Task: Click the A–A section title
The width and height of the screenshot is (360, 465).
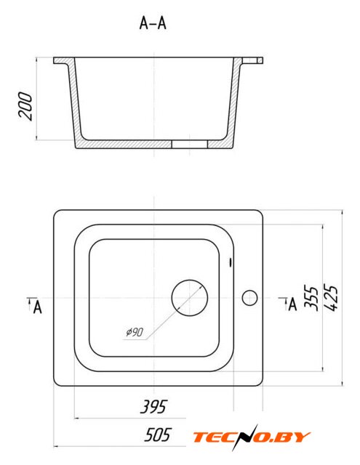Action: pos(153,23)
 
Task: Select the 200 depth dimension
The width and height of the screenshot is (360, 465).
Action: pos(25,106)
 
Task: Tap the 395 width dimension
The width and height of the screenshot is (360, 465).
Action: pos(153,407)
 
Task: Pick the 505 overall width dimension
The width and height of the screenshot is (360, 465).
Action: pos(157,434)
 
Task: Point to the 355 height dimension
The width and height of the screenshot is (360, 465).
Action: pos(311,298)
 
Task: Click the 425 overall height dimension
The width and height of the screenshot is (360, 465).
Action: pos(331,298)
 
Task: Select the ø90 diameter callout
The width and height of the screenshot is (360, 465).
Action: pos(135,332)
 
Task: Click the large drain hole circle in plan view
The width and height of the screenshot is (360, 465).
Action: pos(190,298)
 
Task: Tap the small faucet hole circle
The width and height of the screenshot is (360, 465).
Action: pos(249,298)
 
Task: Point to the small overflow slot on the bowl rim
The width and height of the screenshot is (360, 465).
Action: pos(231,262)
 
